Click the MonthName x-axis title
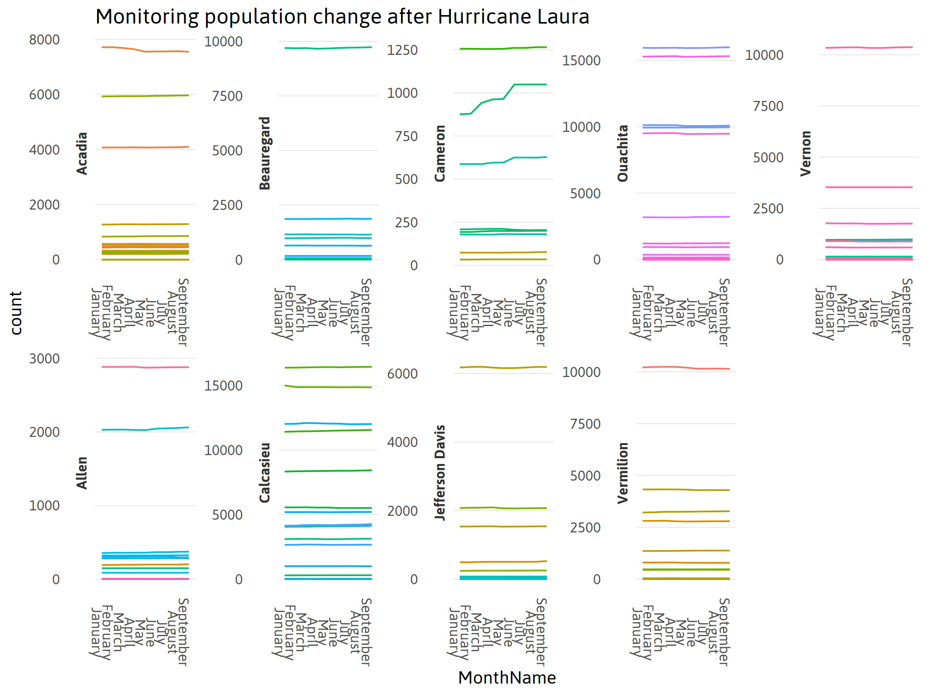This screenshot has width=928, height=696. [507, 677]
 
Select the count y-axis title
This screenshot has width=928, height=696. [16, 313]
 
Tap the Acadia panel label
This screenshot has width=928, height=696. [82, 153]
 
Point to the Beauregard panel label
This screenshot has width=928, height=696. [265, 153]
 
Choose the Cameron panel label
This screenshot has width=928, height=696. [440, 153]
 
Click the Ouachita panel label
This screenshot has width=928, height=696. [623, 153]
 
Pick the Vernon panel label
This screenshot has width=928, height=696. [805, 153]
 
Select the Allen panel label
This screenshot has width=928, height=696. [82, 473]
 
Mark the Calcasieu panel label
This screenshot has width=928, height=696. [265, 473]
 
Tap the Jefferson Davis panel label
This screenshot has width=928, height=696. [440, 473]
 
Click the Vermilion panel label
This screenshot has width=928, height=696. [623, 473]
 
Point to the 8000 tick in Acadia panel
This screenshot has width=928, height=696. [44, 40]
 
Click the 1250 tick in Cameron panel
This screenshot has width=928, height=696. [402, 50]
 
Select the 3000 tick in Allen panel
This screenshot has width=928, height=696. [44, 359]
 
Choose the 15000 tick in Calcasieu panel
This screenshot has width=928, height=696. [223, 386]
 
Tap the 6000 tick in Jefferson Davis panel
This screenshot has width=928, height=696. [402, 374]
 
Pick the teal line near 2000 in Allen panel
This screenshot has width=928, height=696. [145, 430]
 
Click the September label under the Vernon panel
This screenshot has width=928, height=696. [907, 312]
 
